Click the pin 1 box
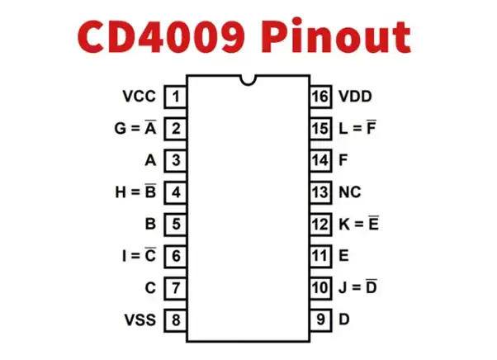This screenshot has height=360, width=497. point(175,97)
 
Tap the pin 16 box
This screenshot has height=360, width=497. point(320,97)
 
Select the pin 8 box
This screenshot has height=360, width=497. point(175,319)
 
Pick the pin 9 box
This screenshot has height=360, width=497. point(320,319)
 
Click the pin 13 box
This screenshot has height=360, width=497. point(320,192)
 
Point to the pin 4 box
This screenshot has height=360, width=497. point(175,192)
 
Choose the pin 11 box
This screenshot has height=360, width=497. point(320,256)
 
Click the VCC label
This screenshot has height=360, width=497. point(139,97)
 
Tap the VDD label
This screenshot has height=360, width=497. point(355,97)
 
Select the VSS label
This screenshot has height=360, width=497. point(139,319)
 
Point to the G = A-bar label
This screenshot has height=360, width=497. point(135,128)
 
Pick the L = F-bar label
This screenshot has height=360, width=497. point(357,128)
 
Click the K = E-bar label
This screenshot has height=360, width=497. point(358,224)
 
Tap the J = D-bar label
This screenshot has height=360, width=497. point(357,287)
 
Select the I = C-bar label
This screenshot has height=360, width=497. point(138,255)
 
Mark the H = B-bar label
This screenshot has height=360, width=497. point(135,192)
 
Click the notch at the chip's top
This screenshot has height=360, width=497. point(248,80)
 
